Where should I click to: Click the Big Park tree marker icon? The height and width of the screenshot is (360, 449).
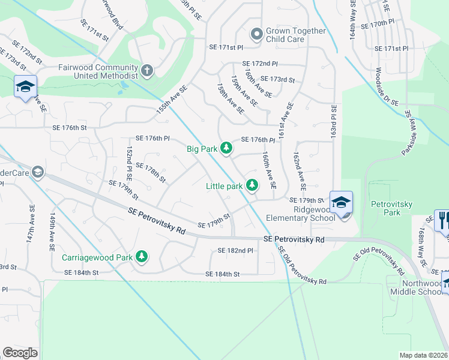pos(226,148)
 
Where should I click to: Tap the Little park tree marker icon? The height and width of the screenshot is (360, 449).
pos(253,186)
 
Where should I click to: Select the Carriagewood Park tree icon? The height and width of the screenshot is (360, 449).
pos(142,257)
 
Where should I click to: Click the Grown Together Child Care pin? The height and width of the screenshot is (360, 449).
pos(256,35)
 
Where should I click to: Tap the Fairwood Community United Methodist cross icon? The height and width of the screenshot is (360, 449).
pos(147,71)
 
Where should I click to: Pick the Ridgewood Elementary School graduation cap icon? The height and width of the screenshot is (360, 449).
pos(341,202)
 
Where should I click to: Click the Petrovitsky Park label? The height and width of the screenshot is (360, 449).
pos(384,208)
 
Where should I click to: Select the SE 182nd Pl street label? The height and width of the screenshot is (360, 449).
pos(236,250)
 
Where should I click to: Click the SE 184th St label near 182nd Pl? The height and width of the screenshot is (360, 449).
pos(223,274)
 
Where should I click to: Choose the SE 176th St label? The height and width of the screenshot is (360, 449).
pos(70,128)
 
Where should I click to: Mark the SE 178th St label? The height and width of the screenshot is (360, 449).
pos(150,170)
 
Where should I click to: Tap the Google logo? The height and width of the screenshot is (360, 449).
pos(20,352)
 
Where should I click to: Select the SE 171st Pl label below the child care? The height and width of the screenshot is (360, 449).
pos(226,47)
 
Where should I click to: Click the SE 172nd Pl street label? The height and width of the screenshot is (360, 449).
pos(260,64)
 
